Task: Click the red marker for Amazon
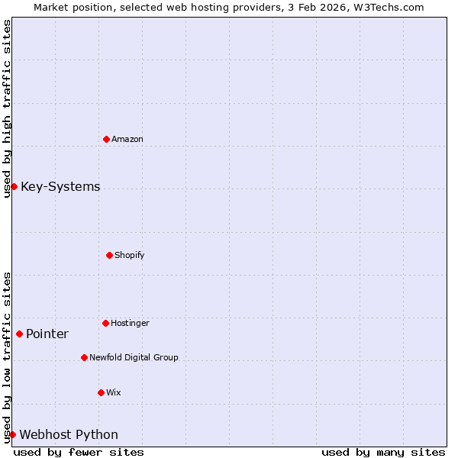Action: (x=106, y=139)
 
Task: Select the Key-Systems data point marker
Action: (x=14, y=186)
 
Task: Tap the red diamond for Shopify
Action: (x=109, y=255)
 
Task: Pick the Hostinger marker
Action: (x=105, y=323)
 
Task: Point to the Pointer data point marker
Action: (x=19, y=334)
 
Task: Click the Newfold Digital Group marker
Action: (x=84, y=357)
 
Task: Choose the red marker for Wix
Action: (x=101, y=392)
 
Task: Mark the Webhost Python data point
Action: (x=12, y=434)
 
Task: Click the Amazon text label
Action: (x=127, y=139)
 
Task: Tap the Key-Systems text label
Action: (x=60, y=187)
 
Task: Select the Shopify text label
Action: (x=130, y=255)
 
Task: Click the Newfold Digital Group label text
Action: (x=134, y=357)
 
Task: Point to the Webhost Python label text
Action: (x=69, y=435)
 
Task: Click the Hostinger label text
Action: (x=130, y=323)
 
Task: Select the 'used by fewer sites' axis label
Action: (x=79, y=452)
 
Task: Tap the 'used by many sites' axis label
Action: (x=383, y=452)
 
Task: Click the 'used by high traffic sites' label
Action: (x=7, y=108)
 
